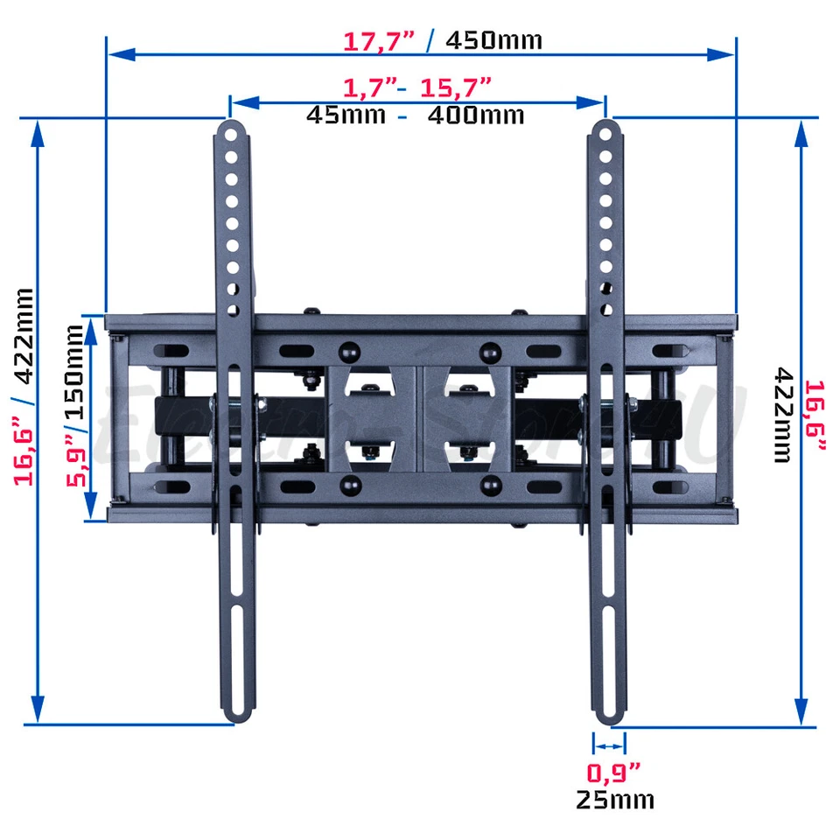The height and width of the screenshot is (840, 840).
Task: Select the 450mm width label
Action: (x=493, y=40)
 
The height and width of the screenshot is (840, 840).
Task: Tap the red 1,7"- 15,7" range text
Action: (x=416, y=87)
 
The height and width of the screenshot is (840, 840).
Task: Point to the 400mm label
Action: (x=475, y=115)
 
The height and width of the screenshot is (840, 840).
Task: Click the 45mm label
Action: (x=346, y=115)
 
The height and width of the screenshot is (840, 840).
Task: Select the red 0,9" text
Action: (x=612, y=773)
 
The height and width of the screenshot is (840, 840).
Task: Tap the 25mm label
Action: (x=614, y=799)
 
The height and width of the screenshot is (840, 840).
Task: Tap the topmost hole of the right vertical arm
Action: (x=605, y=136)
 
